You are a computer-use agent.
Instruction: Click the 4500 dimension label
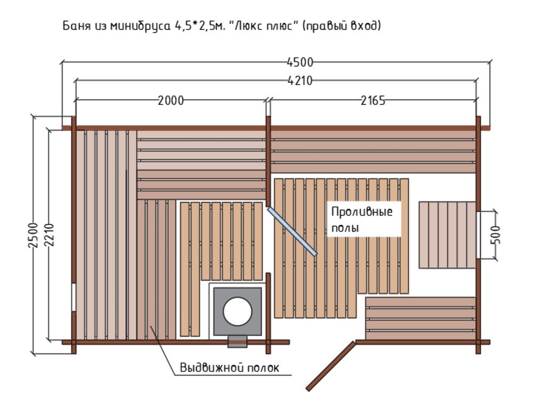300,62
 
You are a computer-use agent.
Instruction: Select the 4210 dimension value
300,81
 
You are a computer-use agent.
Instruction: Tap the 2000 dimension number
171,101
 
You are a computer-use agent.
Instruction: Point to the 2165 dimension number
373,101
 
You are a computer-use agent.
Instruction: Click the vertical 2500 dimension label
33,235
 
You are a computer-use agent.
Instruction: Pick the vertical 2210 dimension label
49,235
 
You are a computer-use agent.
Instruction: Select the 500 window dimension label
496,235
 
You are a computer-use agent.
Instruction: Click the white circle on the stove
237,312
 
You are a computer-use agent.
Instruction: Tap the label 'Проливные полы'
362,219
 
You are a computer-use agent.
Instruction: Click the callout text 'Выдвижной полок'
229,368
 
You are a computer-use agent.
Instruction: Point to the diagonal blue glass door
292,231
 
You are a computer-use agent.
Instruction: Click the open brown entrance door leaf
330,366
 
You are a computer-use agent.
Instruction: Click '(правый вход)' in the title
341,26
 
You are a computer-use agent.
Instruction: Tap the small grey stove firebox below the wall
237,341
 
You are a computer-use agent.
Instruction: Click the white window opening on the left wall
74,297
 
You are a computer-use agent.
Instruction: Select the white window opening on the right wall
478,235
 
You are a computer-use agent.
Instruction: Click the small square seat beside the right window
447,235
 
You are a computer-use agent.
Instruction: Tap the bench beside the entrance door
421,319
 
